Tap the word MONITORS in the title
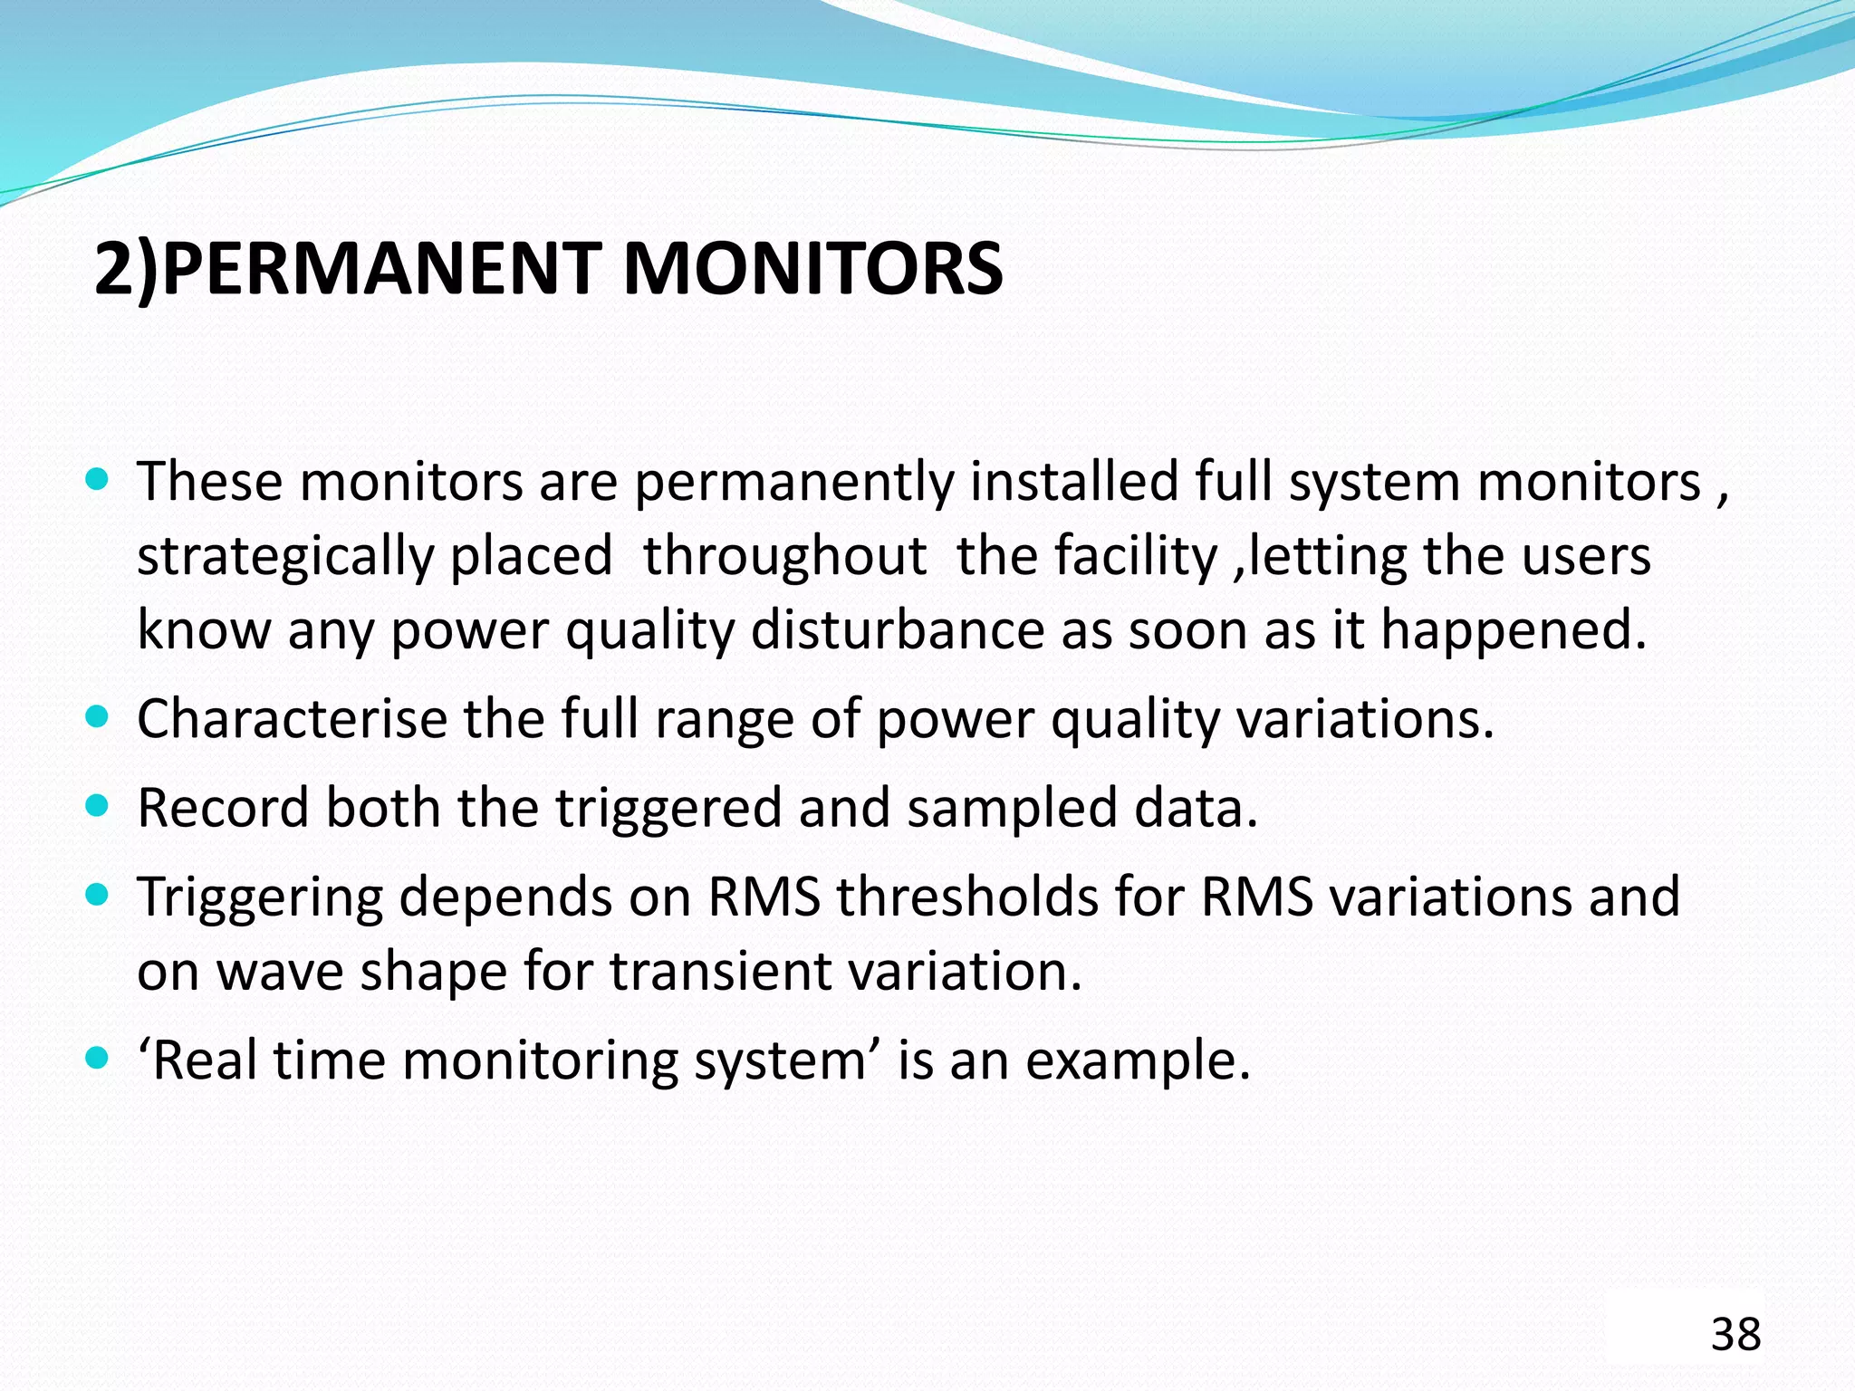(812, 269)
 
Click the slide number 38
(1735, 1335)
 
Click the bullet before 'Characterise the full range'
(96, 717)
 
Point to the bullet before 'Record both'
(96, 804)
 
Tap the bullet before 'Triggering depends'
(96, 895)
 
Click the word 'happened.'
(1514, 631)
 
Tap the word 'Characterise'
(292, 719)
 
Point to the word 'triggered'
(668, 809)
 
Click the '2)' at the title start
(126, 271)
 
